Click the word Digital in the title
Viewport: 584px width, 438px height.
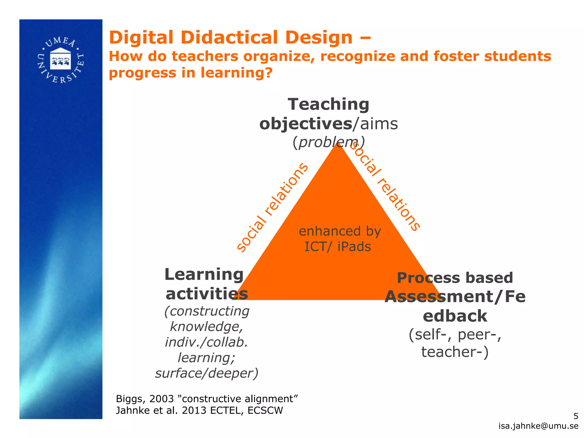click(x=141, y=38)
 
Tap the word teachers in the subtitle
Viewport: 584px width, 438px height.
click(x=204, y=56)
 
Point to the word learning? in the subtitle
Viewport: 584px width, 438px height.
click(x=236, y=73)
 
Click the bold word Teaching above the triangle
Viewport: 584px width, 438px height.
click(x=328, y=104)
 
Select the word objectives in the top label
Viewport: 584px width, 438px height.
click(x=305, y=124)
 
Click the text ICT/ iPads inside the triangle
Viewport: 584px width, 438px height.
click(x=338, y=247)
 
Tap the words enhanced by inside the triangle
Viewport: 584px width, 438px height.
click(x=340, y=231)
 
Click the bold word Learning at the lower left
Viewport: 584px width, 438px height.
click(x=204, y=275)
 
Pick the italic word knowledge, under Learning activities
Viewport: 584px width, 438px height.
click(x=206, y=327)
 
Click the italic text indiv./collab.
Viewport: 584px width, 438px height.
click(x=206, y=342)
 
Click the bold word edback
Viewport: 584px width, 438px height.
click(x=455, y=316)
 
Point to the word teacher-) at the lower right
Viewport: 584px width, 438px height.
click(x=455, y=352)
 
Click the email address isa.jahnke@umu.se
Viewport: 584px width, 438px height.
click(x=538, y=426)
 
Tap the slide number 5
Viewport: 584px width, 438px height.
click(x=576, y=416)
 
